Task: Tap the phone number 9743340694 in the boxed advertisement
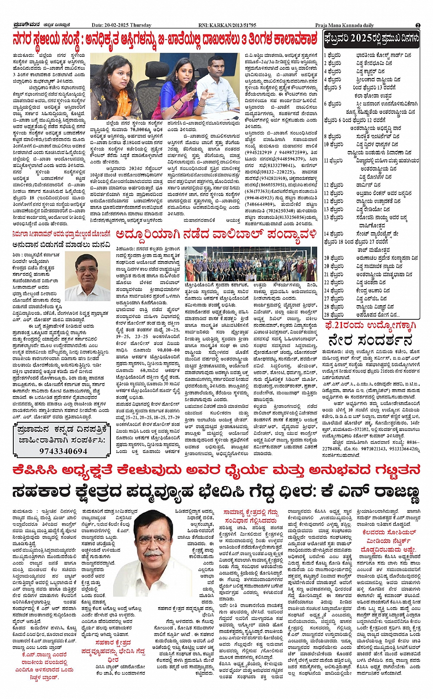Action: click(x=63, y=451)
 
